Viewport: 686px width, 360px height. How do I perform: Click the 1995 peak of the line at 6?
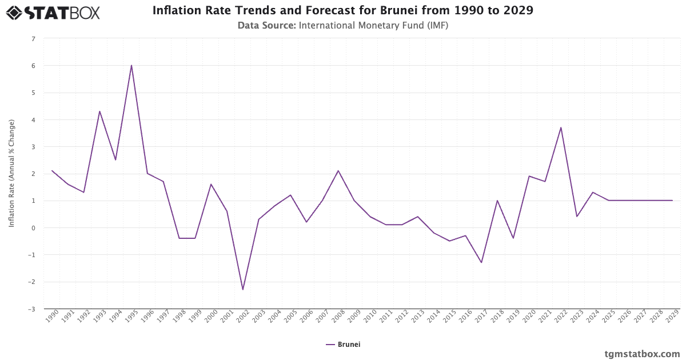pyautogui.click(x=131, y=66)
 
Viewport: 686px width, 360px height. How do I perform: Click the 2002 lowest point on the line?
pyautogui.click(x=243, y=290)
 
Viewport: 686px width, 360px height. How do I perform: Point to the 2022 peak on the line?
pyautogui.click(x=561, y=127)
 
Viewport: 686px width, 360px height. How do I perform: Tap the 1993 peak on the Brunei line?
pyautogui.click(x=99, y=111)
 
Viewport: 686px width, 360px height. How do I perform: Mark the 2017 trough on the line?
pyautogui.click(x=481, y=263)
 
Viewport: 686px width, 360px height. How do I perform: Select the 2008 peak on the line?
pyautogui.click(x=338, y=171)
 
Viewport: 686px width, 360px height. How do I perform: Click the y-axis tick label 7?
pyautogui.click(x=33, y=39)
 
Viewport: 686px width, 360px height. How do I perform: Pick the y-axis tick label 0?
pyautogui.click(x=33, y=228)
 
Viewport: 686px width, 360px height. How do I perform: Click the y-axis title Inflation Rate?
pyautogui.click(x=11, y=174)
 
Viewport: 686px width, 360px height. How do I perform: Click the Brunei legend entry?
pyautogui.click(x=343, y=345)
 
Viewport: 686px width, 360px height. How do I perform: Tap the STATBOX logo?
pyautogui.click(x=53, y=12)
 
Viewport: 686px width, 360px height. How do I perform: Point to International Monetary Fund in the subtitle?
pyautogui.click(x=373, y=25)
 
